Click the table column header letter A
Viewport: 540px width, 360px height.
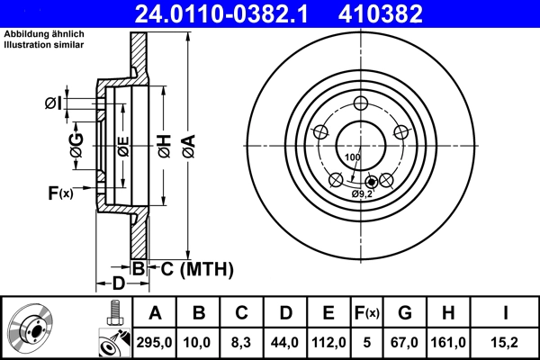click(156, 313)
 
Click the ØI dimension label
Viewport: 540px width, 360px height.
click(53, 103)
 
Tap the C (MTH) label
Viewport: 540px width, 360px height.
click(196, 268)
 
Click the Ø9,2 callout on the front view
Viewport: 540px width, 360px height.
click(362, 193)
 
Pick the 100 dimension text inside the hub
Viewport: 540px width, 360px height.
click(352, 157)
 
